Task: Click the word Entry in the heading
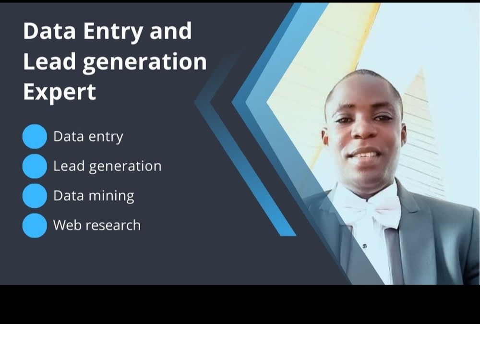pyautogui.click(x=113, y=32)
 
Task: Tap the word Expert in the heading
pyautogui.click(x=60, y=92)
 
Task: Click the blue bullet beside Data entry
pyautogui.click(x=35, y=136)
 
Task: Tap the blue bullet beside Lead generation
pyautogui.click(x=35, y=166)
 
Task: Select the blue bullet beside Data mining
pyautogui.click(x=35, y=196)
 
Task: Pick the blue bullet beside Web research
pyautogui.click(x=35, y=225)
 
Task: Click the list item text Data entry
pyautogui.click(x=88, y=137)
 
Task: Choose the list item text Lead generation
pyautogui.click(x=107, y=167)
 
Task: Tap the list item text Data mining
pyautogui.click(x=94, y=196)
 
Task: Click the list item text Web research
pyautogui.click(x=97, y=225)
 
